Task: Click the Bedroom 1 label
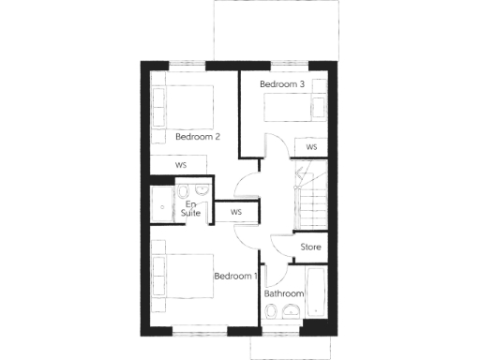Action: pyautogui.click(x=235, y=277)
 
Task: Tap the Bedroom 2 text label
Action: pyautogui.click(x=198, y=137)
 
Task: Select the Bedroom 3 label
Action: pyautogui.click(x=282, y=84)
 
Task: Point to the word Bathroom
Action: pyautogui.click(x=284, y=293)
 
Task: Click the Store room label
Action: pyautogui.click(x=310, y=247)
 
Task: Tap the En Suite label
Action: pyautogui.click(x=192, y=209)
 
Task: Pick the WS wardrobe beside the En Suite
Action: pyautogui.click(x=236, y=213)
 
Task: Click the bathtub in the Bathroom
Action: pyautogui.click(x=315, y=295)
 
